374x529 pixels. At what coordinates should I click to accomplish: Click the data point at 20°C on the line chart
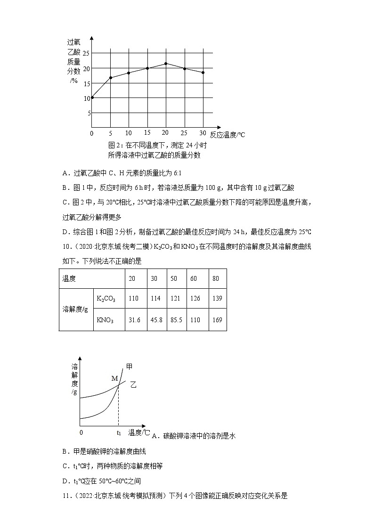click(x=166, y=64)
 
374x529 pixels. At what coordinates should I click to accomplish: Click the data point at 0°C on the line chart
click(x=92, y=98)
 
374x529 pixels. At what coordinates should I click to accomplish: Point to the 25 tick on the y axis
click(x=86, y=54)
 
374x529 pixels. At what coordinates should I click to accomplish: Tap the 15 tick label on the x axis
click(x=147, y=133)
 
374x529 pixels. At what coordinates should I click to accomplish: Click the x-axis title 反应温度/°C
click(x=228, y=135)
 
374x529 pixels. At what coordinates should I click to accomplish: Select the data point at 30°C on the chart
click(x=203, y=73)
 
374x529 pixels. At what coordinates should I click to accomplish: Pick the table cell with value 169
click(x=216, y=320)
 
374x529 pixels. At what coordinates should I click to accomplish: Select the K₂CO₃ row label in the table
click(x=106, y=299)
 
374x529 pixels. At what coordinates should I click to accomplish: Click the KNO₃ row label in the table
click(x=105, y=320)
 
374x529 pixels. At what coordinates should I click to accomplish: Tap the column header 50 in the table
click(x=174, y=278)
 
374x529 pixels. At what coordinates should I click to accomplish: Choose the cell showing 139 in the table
click(x=216, y=299)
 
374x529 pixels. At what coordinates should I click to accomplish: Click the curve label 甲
click(x=129, y=367)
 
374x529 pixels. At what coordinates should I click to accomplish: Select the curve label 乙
click(x=133, y=385)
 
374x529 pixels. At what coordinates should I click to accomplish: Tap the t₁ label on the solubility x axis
click(x=119, y=432)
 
